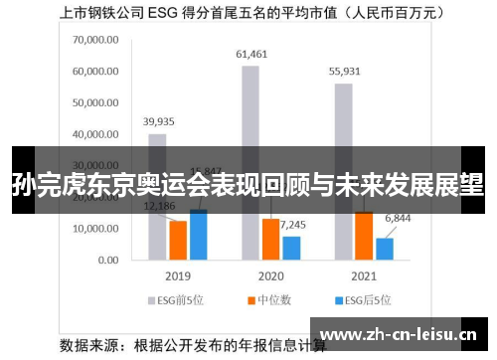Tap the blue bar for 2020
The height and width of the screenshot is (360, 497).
291,248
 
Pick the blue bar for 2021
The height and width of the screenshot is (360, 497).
385,249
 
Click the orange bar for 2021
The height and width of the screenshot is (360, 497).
364,235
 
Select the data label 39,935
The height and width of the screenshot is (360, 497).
158,121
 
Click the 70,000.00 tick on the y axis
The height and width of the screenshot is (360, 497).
96,40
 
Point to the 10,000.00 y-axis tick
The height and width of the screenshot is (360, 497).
96,229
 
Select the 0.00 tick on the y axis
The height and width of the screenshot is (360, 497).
107,260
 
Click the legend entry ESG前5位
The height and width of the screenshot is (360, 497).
178,298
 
